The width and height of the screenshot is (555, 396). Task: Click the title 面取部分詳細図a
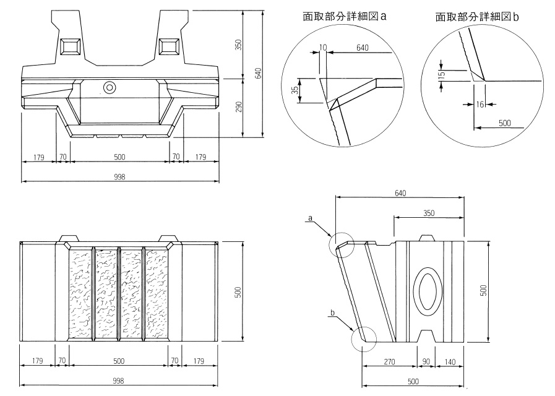(x=345, y=17)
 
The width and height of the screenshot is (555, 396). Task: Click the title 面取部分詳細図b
(x=476, y=17)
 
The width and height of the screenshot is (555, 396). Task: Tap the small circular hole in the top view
(x=110, y=87)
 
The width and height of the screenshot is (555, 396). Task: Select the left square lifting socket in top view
(x=69, y=46)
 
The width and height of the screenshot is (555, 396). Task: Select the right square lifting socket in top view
(x=168, y=46)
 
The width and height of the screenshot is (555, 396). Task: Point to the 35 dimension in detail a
(x=295, y=90)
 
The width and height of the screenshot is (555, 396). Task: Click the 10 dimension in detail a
(x=324, y=47)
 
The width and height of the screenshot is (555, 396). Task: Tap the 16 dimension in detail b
(x=480, y=105)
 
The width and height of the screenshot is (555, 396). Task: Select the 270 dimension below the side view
(x=389, y=361)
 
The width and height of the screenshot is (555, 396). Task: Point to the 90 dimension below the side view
(x=426, y=361)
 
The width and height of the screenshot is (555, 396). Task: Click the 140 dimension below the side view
(x=450, y=361)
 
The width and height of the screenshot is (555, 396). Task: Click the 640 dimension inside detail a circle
(x=363, y=47)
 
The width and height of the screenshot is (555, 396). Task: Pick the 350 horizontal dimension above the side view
(x=429, y=213)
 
